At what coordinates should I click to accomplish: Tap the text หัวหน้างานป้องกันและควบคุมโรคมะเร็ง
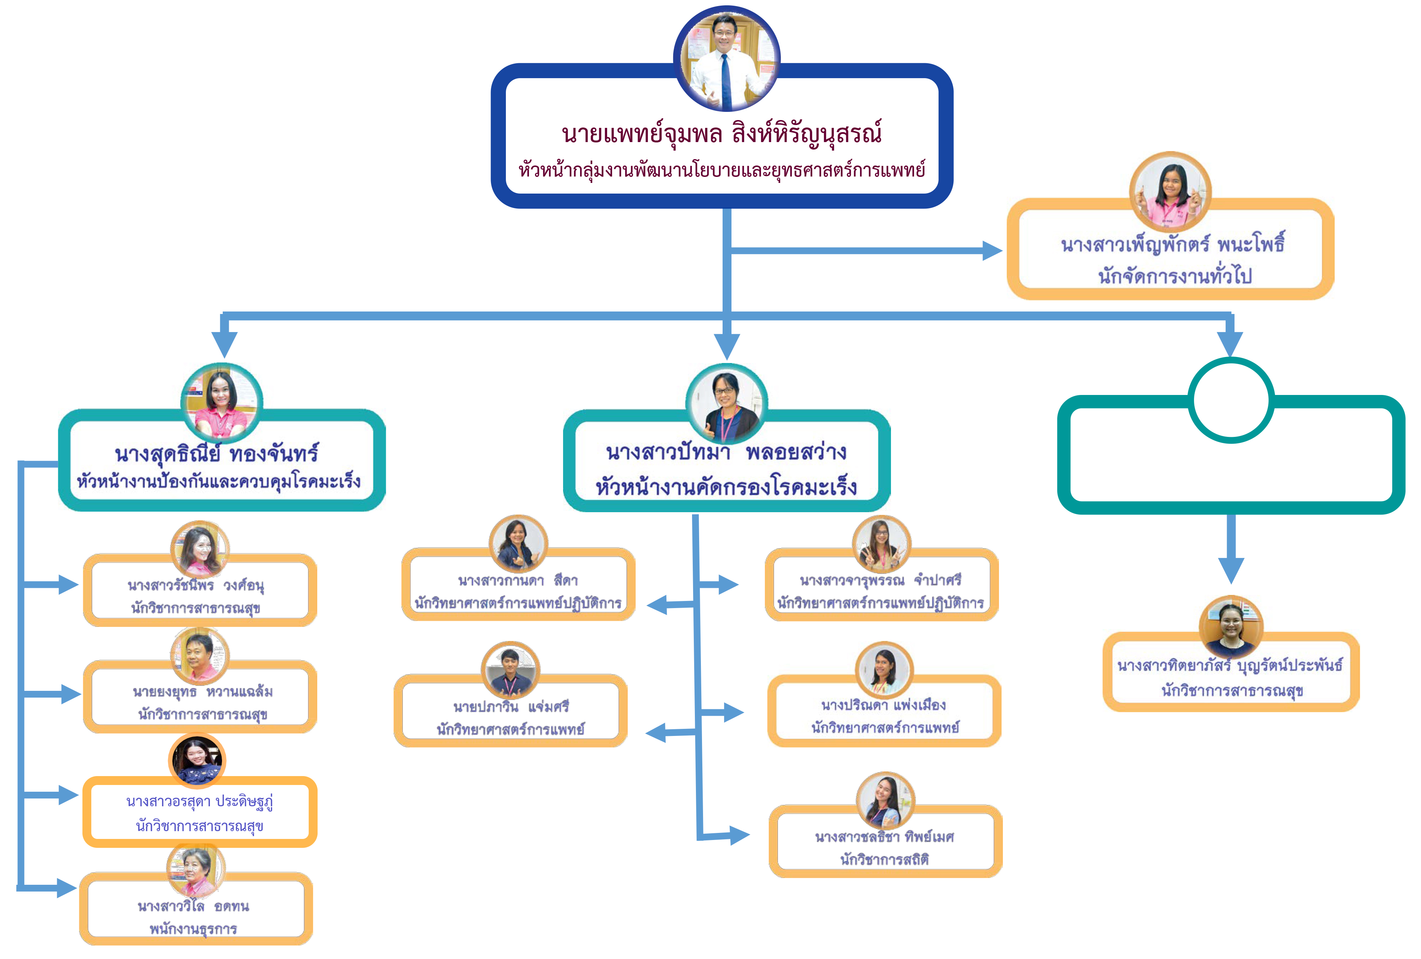coord(219,482)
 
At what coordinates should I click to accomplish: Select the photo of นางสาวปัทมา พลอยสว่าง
coord(726,403)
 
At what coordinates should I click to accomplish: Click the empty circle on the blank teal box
coord(1231,400)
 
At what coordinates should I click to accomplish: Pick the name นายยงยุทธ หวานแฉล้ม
coord(202,692)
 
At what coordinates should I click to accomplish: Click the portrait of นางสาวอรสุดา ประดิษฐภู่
coord(197,761)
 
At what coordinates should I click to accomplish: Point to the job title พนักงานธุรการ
coord(193,929)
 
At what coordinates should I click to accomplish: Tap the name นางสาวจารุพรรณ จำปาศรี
coord(880,580)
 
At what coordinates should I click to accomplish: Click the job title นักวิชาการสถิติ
coord(884,860)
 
